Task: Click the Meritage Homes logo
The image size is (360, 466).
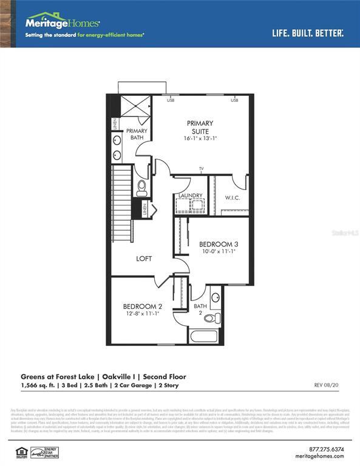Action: (63, 23)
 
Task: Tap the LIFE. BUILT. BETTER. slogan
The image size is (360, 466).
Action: (308, 32)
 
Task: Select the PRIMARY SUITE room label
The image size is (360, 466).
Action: (200, 127)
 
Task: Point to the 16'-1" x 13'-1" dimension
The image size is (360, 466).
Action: (200, 139)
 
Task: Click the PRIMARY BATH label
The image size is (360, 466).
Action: (137, 135)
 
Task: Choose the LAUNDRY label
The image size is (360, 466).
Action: (190, 195)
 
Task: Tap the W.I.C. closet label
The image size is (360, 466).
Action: (234, 198)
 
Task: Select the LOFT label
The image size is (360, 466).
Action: (144, 259)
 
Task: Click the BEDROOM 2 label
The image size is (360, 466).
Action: (143, 306)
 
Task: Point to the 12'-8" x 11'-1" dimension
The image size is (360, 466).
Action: (143, 314)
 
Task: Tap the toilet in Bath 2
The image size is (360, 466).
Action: (210, 318)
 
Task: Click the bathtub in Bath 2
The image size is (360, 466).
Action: (205, 336)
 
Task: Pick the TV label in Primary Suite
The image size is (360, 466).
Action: (201, 169)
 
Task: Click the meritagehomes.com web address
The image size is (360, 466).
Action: (324, 457)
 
